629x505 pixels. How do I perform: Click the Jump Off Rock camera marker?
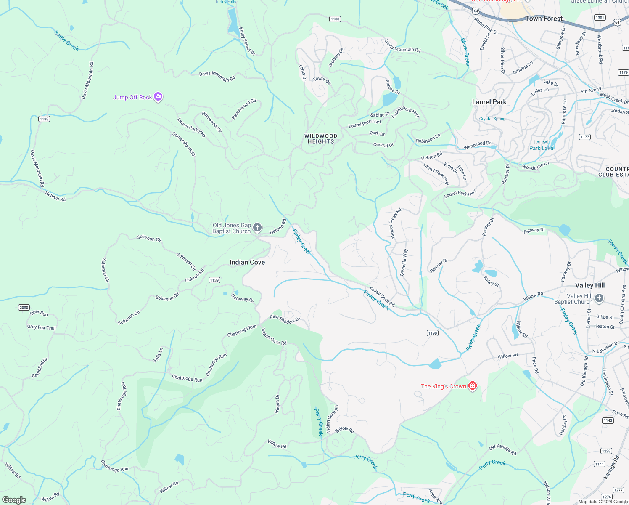[x=158, y=97]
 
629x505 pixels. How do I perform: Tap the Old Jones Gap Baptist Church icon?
[x=257, y=228]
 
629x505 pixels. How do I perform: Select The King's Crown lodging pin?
[x=473, y=386]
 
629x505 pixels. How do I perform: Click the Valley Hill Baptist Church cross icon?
[x=599, y=299]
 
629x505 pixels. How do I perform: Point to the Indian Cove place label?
[x=247, y=262]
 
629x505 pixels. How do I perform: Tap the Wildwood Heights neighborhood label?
[x=321, y=139]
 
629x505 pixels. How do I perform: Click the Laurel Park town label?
[x=489, y=102]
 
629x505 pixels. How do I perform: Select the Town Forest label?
[x=544, y=19]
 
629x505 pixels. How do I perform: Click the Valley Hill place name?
[x=589, y=285]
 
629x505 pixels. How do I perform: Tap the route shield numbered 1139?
[x=214, y=280]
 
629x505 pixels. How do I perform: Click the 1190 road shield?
[x=433, y=333]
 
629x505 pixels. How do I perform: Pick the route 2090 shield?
[x=24, y=308]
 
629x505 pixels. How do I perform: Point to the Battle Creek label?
[x=66, y=40]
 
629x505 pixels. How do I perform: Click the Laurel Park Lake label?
[x=541, y=145]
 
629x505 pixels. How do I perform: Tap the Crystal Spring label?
[x=492, y=119]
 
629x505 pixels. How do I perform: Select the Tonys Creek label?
[x=617, y=251]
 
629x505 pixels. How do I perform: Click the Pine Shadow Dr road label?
[x=285, y=319]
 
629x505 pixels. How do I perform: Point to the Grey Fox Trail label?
[x=41, y=327]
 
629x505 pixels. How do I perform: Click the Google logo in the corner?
[x=14, y=500]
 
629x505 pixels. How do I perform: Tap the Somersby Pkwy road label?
[x=184, y=144]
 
